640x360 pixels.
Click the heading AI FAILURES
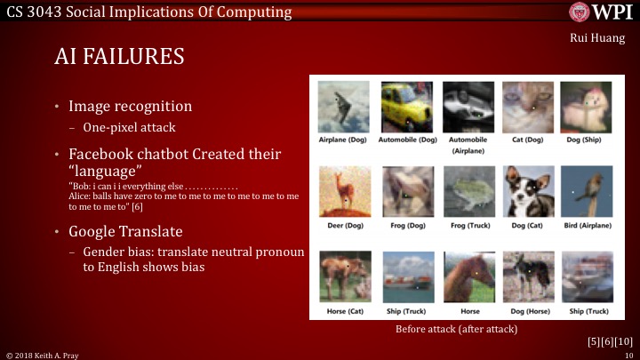119,57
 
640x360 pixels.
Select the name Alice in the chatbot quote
78,196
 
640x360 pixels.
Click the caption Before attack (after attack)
456,329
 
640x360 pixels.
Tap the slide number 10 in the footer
628,354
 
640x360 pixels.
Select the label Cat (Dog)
528,140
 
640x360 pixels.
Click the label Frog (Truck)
468,225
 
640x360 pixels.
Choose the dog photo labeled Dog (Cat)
528,190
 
